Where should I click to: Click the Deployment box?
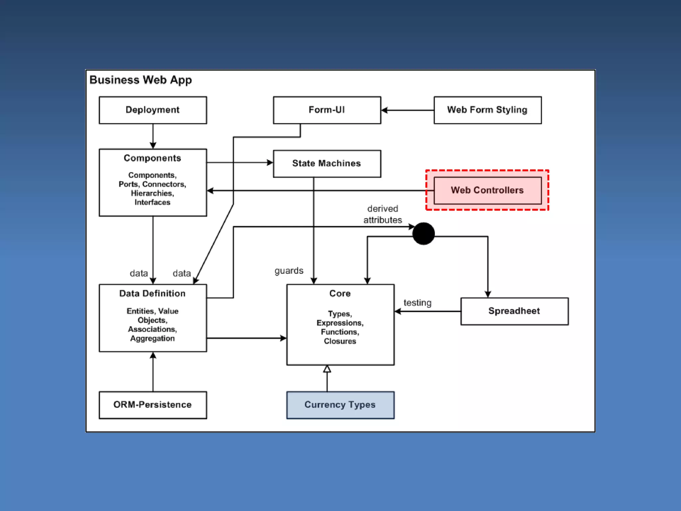[153, 110]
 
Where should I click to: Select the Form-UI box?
[327, 110]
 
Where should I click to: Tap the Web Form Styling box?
[487, 110]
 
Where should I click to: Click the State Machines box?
[327, 164]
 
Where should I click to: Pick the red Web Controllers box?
[487, 190]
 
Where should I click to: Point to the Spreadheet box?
[514, 311]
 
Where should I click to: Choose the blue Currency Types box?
[340, 405]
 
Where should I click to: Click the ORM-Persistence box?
[153, 405]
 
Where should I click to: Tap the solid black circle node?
[423, 234]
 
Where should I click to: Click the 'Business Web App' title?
[141, 80]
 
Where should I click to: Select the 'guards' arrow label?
[289, 271]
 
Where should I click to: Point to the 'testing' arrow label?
[417, 303]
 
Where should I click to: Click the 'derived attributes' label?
[382, 214]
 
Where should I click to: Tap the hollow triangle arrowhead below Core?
[327, 369]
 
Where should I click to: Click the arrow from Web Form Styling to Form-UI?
[408, 110]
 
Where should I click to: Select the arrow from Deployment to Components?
[153, 136]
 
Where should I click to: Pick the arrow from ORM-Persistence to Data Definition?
[153, 372]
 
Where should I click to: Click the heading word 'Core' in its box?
[340, 293]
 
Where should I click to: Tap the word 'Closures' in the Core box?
[340, 341]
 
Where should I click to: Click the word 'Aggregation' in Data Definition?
[152, 339]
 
